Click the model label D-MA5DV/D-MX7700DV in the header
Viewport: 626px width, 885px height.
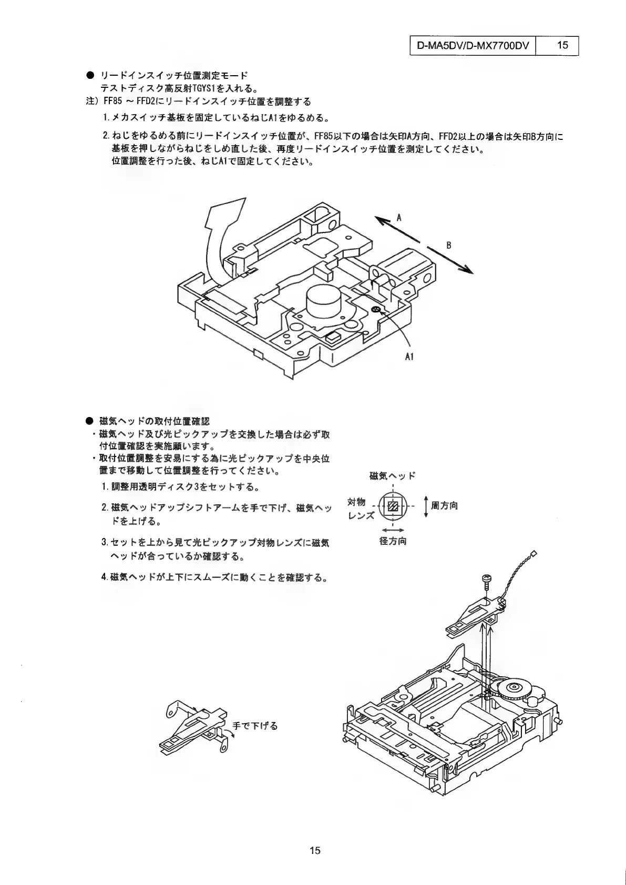point(472,45)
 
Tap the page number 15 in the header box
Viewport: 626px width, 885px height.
point(562,45)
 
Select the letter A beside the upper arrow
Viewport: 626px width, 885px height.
point(398,217)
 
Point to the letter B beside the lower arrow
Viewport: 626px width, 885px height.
point(449,245)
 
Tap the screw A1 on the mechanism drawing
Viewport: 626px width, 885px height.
point(375,310)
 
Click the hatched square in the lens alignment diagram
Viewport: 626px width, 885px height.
point(393,507)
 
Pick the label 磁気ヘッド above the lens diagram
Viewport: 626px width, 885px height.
point(393,476)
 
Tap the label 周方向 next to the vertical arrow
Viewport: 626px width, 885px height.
point(444,506)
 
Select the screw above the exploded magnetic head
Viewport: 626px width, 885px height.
point(486,581)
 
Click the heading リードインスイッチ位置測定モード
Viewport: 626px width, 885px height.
point(173,76)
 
